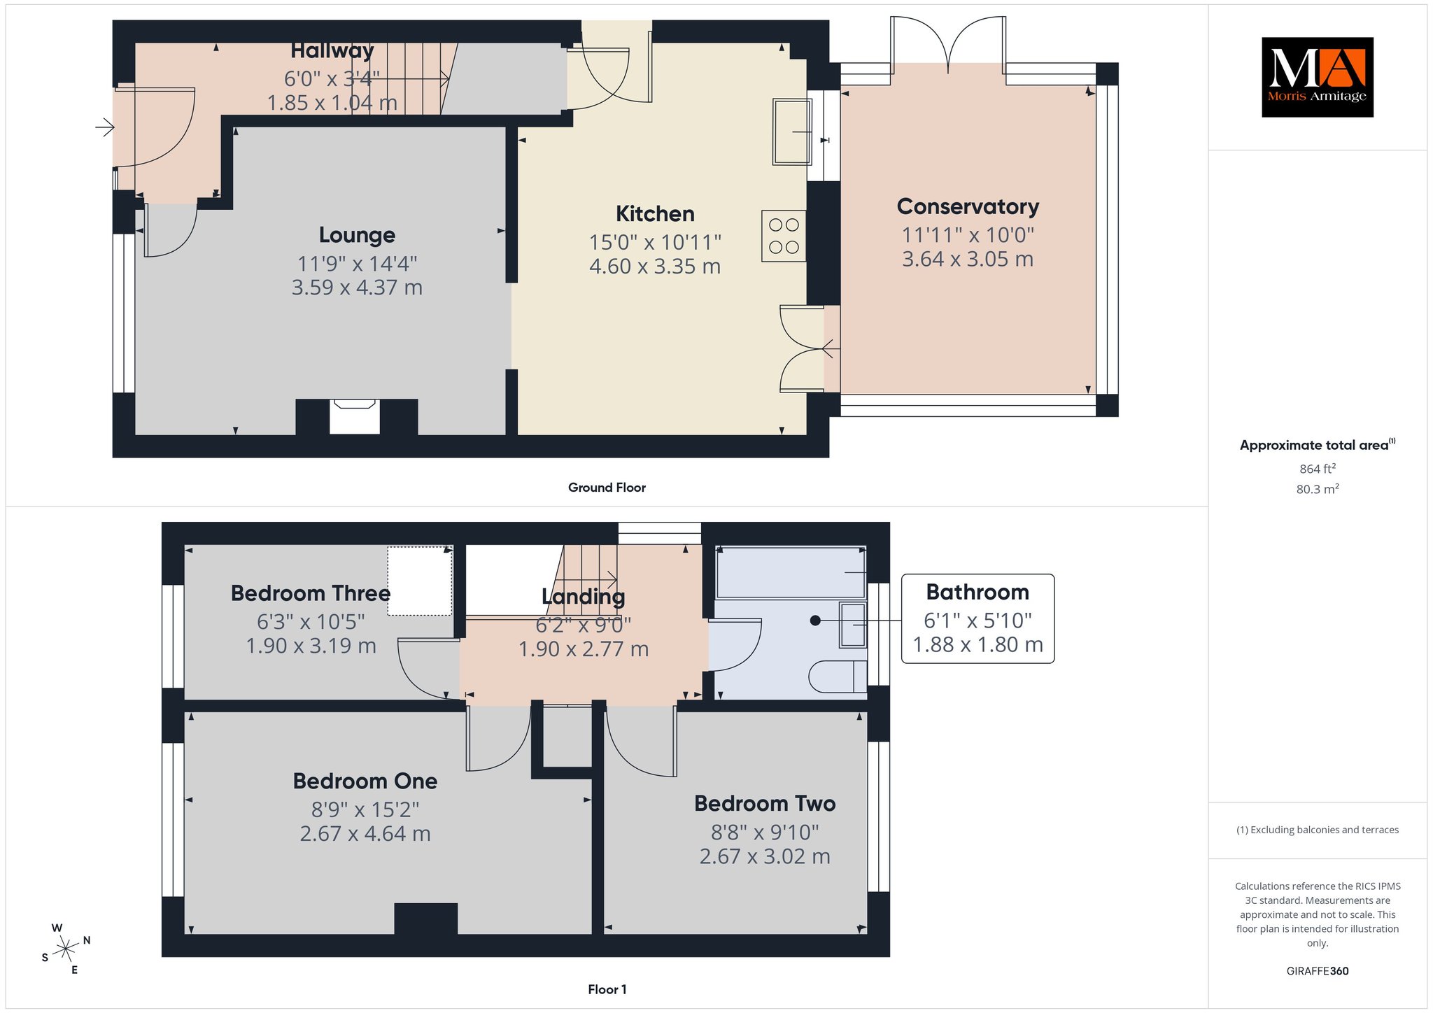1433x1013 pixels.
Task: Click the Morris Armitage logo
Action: (x=1317, y=77)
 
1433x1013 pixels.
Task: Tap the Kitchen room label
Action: (x=655, y=213)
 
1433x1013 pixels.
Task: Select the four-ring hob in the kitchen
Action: (x=784, y=236)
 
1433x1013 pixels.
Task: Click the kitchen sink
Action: (x=792, y=132)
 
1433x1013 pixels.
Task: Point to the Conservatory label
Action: (x=968, y=206)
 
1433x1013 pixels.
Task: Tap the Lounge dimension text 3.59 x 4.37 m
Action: (x=357, y=288)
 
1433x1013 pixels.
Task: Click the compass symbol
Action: (x=66, y=949)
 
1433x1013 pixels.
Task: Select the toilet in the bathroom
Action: (x=838, y=676)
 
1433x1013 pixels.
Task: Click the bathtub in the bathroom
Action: (x=791, y=572)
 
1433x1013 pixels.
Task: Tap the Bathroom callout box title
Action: (x=977, y=592)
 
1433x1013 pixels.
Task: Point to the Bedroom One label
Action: (x=365, y=781)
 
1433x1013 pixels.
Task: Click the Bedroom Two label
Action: (x=765, y=803)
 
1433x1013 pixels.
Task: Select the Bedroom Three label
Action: (x=311, y=593)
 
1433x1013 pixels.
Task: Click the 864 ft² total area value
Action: (x=1318, y=469)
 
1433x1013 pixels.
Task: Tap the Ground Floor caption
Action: (x=607, y=488)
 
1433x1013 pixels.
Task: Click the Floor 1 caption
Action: (x=607, y=989)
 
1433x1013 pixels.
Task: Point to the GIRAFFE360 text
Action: (x=1318, y=971)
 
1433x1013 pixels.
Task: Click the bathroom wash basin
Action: (x=853, y=625)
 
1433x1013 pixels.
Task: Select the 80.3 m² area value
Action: (x=1318, y=489)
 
